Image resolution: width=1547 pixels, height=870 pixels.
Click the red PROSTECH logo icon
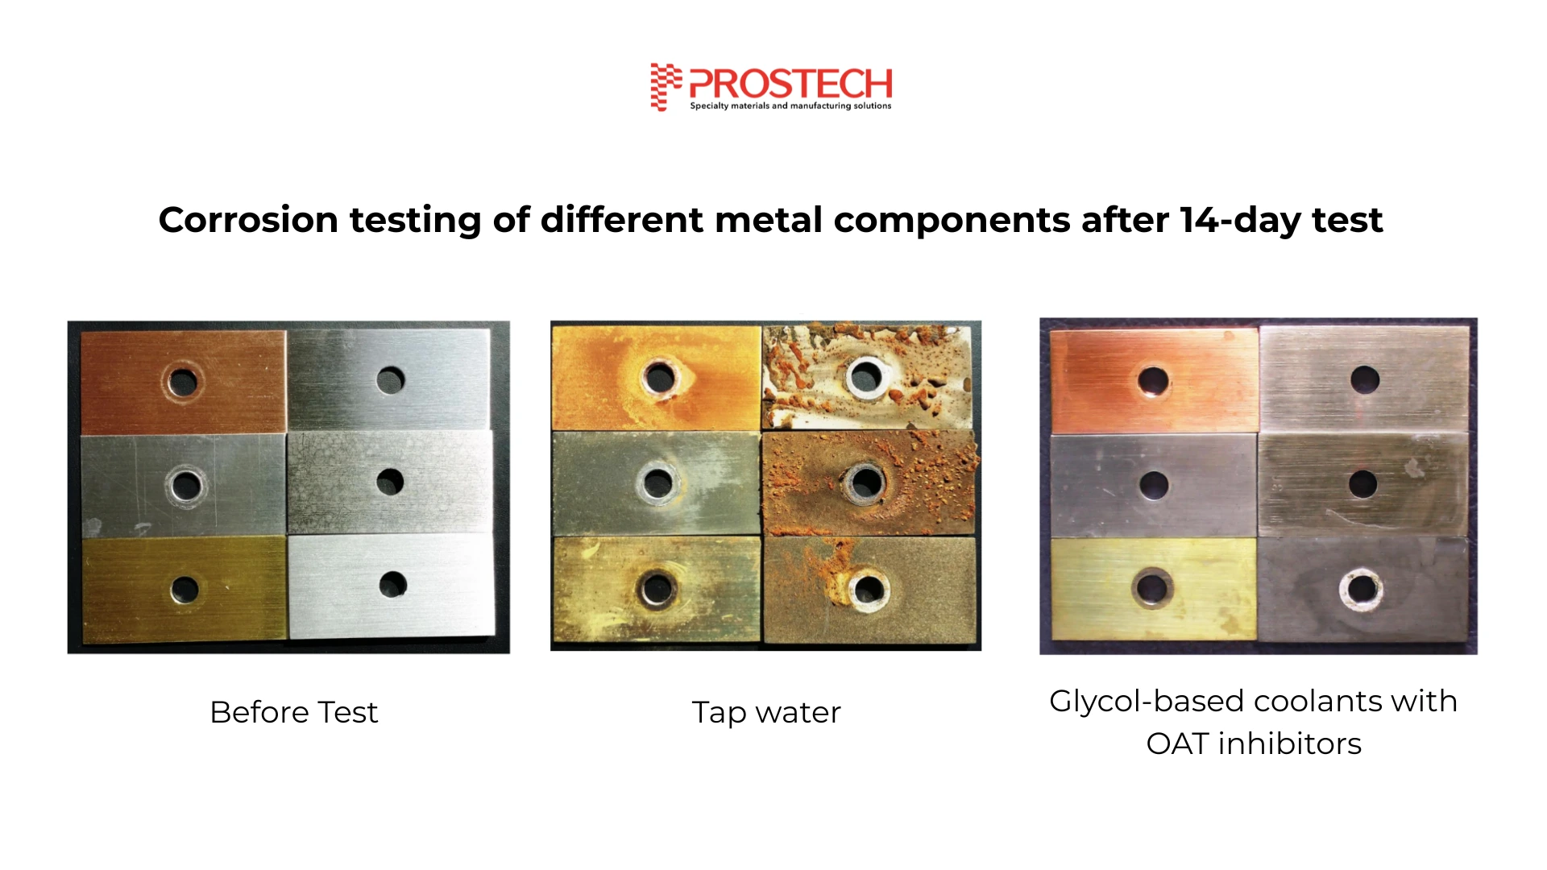666,86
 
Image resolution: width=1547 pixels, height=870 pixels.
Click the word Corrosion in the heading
248,220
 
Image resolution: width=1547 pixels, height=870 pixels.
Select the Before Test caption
294,712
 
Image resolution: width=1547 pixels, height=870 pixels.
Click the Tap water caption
766,713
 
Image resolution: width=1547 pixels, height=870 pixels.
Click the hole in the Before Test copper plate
184,382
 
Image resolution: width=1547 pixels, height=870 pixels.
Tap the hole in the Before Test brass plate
185,590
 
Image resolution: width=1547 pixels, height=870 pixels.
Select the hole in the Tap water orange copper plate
660,378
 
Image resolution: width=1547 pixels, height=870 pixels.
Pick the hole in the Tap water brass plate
657,589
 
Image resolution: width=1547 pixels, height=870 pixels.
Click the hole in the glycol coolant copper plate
1153,381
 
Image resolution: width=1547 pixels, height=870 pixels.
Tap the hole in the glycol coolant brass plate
1152,588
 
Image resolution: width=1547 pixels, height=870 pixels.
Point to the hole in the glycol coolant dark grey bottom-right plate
1362,589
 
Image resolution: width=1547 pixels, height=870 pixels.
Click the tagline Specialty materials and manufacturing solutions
790,106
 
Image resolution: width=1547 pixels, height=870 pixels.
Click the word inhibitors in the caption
1289,744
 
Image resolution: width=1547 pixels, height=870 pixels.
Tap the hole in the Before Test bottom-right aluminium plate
393,585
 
